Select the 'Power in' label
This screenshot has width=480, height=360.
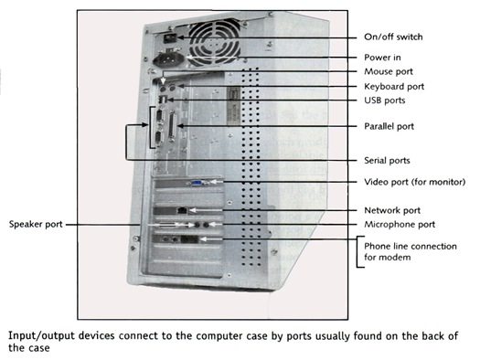tap(383, 57)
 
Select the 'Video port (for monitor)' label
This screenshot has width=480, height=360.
tap(411, 182)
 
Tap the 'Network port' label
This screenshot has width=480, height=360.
tap(392, 209)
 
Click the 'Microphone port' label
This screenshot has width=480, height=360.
tap(400, 224)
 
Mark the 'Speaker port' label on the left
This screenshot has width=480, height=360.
tap(37, 224)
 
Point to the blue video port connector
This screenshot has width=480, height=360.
tap(197, 183)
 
